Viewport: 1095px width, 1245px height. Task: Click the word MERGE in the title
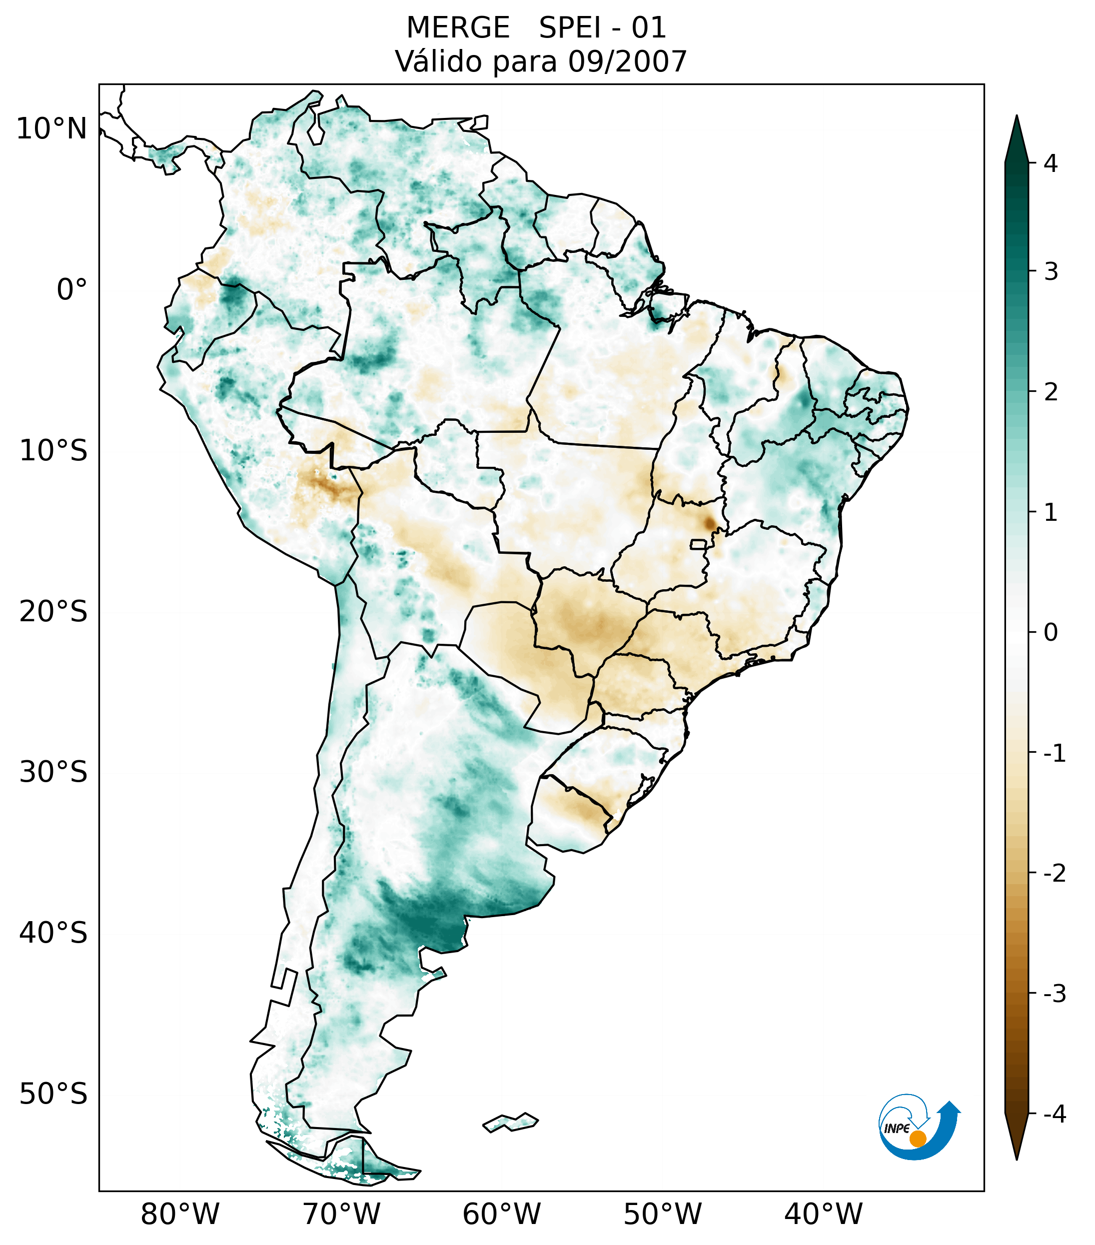[457, 28]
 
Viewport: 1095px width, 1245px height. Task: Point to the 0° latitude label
[72, 290]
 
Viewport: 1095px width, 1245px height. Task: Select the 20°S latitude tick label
[53, 612]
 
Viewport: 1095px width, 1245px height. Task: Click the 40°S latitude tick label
[53, 933]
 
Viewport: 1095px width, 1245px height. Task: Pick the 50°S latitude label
[53, 1095]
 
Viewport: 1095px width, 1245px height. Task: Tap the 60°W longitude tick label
[501, 1214]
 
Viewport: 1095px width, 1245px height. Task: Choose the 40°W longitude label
[824, 1214]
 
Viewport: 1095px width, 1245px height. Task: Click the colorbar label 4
[1051, 163]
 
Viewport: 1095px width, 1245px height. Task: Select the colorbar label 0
[1051, 633]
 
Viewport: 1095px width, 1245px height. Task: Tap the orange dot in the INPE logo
[917, 1139]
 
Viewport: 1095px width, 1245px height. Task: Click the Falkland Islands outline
[510, 1122]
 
